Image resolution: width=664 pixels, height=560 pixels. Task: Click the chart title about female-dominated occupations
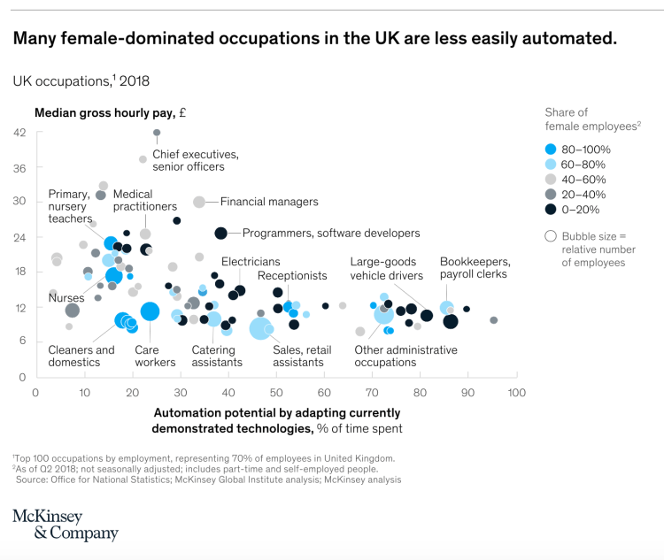click(x=313, y=39)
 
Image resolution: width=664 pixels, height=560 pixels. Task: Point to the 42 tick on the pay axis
click(x=19, y=133)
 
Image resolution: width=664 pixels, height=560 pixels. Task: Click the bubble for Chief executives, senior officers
click(x=157, y=133)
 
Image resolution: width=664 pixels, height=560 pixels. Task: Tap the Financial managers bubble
click(x=199, y=202)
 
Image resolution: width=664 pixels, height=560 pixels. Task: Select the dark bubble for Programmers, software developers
click(x=221, y=234)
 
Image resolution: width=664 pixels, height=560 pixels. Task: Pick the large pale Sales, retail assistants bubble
click(x=261, y=329)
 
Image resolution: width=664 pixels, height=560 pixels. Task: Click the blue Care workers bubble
click(x=150, y=311)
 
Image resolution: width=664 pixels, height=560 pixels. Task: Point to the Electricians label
click(x=251, y=262)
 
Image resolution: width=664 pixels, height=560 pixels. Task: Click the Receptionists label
click(x=292, y=276)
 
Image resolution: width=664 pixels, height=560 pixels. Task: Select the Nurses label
click(x=66, y=298)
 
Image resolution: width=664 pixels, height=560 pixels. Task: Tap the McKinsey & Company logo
click(x=65, y=525)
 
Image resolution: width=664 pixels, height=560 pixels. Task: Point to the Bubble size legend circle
click(x=551, y=236)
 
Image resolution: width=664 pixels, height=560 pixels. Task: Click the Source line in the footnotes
click(x=208, y=479)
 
